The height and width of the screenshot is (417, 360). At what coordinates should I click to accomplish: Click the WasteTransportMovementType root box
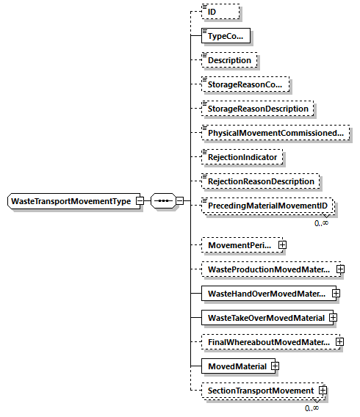point(71,201)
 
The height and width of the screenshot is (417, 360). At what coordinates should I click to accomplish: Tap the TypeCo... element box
point(227,35)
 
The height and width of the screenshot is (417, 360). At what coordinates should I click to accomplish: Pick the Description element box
point(231,59)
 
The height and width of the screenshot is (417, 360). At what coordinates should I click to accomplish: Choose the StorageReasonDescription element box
point(258,108)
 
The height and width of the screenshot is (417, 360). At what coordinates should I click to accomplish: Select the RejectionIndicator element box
point(243,156)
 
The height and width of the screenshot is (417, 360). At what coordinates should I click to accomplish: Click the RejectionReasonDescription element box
point(261,181)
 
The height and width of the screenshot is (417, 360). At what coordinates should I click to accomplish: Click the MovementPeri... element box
point(239,244)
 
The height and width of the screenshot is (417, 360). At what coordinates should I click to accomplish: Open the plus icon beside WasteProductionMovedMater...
point(340,269)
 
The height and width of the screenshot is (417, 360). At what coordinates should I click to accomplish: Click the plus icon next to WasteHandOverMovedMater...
point(336,293)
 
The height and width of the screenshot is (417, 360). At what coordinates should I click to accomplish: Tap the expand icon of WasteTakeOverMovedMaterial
point(333,317)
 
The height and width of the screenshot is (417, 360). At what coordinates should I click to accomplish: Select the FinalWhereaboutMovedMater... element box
point(268,341)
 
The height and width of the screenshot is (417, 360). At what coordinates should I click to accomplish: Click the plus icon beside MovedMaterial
point(274,366)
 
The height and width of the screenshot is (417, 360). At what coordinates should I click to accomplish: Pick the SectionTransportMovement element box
point(260,390)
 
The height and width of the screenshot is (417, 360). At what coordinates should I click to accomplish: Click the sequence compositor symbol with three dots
point(162,201)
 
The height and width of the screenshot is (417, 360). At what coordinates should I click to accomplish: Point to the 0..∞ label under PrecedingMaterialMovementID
point(322,223)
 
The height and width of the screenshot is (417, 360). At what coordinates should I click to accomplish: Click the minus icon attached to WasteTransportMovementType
point(140,201)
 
